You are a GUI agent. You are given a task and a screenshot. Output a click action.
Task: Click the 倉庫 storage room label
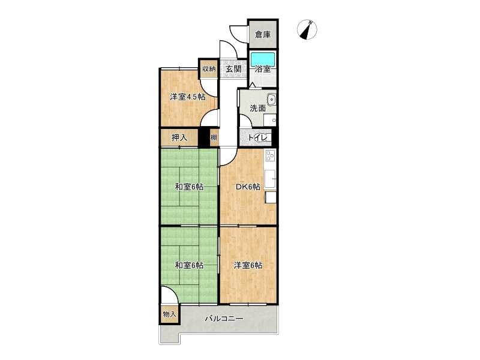pos(263,35)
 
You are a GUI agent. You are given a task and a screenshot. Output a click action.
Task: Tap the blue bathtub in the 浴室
pos(263,59)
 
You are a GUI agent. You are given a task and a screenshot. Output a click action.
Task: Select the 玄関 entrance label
pos(233,69)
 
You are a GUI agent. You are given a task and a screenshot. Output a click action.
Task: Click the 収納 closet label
pos(209,68)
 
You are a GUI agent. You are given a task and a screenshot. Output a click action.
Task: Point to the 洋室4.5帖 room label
pos(188,97)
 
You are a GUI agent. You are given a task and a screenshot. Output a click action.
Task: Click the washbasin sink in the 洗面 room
pos(271,100)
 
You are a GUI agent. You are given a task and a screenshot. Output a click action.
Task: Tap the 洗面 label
pos(258,108)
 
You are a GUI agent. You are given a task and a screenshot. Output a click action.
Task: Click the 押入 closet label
pos(179,138)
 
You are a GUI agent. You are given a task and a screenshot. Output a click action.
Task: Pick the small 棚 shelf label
pos(214,137)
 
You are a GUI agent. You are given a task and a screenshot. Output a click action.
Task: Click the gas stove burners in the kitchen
pos(271,155)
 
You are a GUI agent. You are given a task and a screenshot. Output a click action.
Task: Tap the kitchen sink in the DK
pos(270,179)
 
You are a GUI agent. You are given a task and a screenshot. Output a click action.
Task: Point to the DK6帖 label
pos(248,187)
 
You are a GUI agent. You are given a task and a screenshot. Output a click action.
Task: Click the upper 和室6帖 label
pos(189,187)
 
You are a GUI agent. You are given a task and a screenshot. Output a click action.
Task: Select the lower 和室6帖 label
pos(189,265)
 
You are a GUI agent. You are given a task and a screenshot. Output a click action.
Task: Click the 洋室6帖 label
pos(248,265)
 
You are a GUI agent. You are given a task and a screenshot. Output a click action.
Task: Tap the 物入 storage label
pos(169,314)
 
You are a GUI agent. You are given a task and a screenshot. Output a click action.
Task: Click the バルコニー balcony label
pos(224,319)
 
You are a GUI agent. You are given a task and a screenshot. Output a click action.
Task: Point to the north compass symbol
pos(307,29)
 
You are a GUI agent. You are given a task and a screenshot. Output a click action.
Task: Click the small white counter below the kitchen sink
pos(271,197)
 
